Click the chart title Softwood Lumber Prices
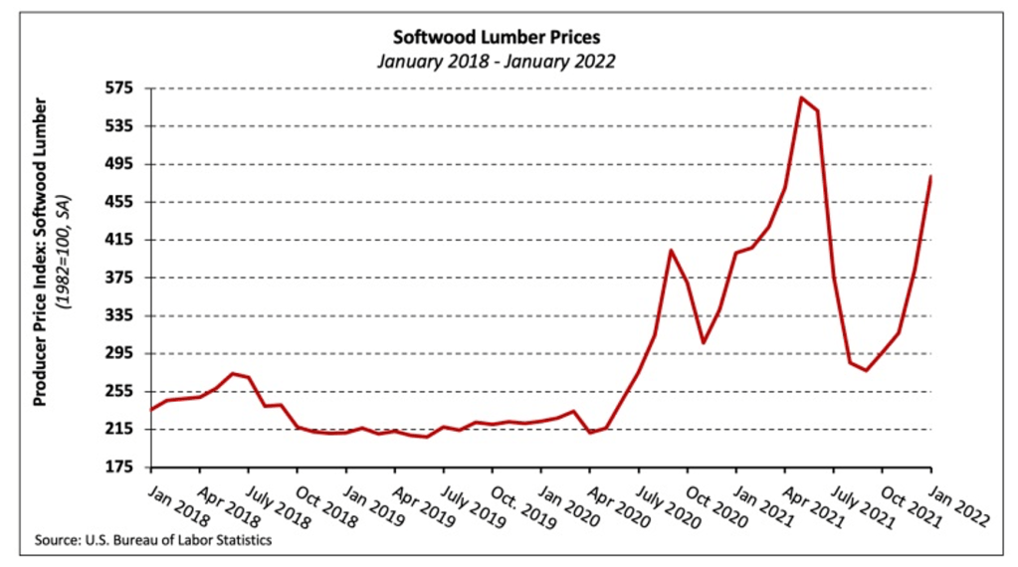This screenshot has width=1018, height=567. (497, 39)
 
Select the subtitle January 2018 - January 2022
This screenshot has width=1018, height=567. (497, 61)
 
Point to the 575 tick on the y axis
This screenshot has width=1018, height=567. (123, 89)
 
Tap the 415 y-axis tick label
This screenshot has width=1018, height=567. (123, 240)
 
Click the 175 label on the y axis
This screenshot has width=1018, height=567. (123, 467)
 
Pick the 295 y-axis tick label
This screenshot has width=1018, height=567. (123, 353)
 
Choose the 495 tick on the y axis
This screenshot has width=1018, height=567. (123, 164)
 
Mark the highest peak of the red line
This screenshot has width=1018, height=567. (801, 97)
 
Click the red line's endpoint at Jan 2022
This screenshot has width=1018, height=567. (930, 177)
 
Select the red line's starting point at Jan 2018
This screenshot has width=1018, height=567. (151, 409)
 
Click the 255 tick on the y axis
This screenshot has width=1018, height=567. (123, 391)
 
